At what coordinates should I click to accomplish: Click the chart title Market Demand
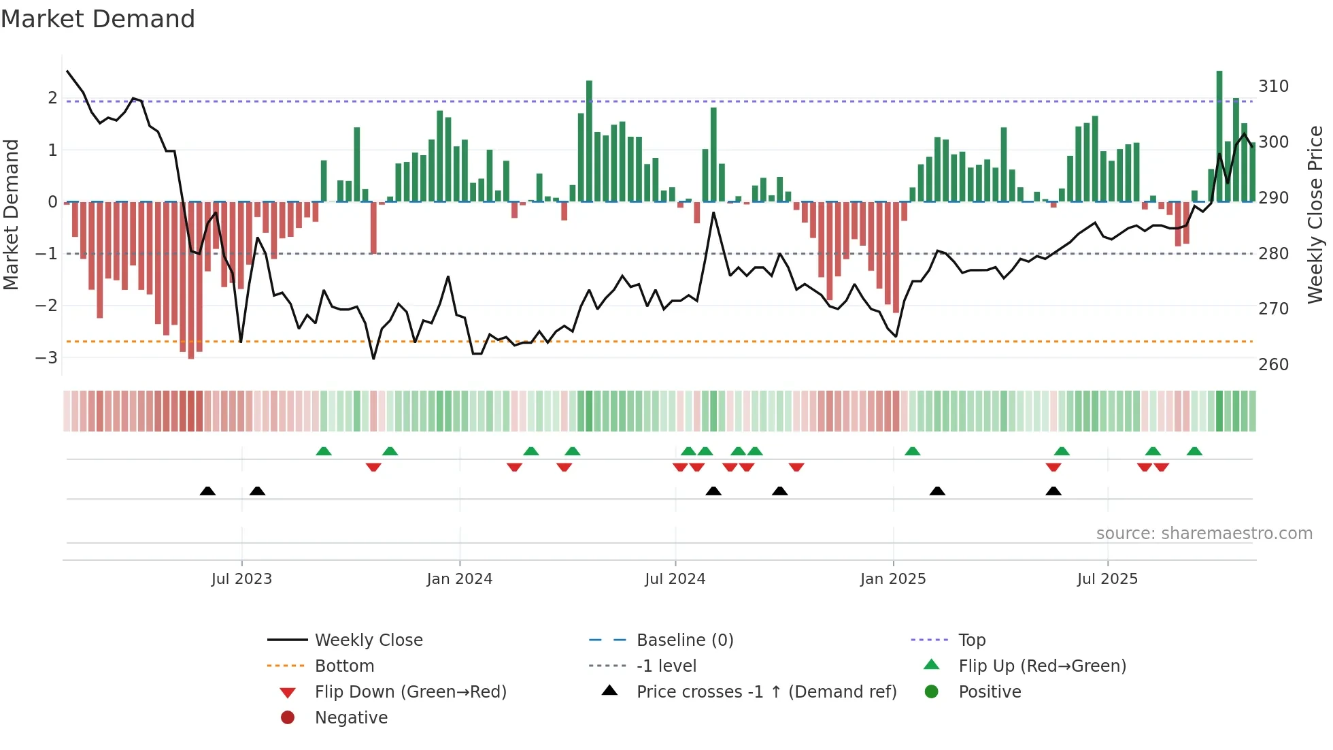click(x=98, y=19)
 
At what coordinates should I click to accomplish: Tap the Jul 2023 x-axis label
click(x=241, y=579)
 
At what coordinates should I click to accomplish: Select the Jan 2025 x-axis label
click(x=892, y=579)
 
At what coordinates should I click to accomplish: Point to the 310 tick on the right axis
click(x=1273, y=86)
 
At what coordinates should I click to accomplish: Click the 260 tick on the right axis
click(x=1273, y=365)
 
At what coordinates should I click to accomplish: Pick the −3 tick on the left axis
click(x=46, y=357)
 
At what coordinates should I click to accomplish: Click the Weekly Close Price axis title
click(x=1315, y=214)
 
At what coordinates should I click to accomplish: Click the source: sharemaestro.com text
click(x=1204, y=534)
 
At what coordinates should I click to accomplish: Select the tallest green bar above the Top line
click(x=1219, y=136)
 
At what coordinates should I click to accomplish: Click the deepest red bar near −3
click(x=191, y=279)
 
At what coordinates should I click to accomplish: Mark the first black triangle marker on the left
click(x=207, y=491)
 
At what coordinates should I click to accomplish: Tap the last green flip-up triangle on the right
click(x=1194, y=451)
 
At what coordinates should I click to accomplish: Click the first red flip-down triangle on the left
click(x=373, y=467)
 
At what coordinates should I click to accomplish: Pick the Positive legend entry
click(x=990, y=692)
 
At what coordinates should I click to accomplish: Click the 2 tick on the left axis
click(x=52, y=98)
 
